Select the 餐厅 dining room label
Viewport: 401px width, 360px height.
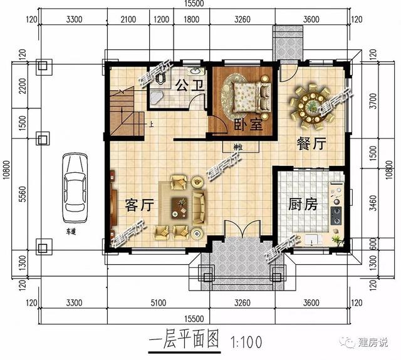click(311, 143)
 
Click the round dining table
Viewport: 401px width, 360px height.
click(312, 105)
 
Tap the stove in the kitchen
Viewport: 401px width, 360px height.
click(336, 216)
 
